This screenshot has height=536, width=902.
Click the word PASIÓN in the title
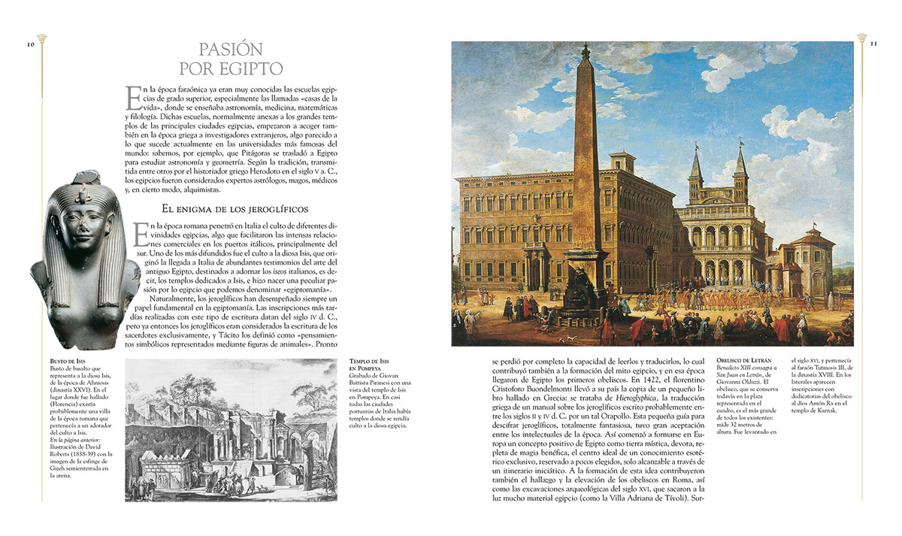[231, 50]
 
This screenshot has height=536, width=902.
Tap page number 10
[31, 44]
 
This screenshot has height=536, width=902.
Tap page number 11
[873, 44]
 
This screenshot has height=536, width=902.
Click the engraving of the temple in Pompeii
[231, 429]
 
